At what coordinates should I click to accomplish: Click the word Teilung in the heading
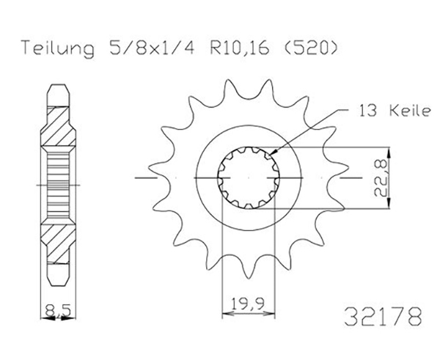(58, 48)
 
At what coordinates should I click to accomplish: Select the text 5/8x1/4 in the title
(152, 48)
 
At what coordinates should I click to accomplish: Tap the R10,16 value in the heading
(239, 48)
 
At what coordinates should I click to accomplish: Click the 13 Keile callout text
(393, 111)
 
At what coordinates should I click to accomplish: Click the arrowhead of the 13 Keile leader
(274, 152)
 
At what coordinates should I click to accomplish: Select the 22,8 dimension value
(380, 177)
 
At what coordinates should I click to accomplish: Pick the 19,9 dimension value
(249, 304)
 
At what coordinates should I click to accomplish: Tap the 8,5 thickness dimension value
(57, 311)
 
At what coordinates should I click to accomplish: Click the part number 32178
(383, 317)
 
